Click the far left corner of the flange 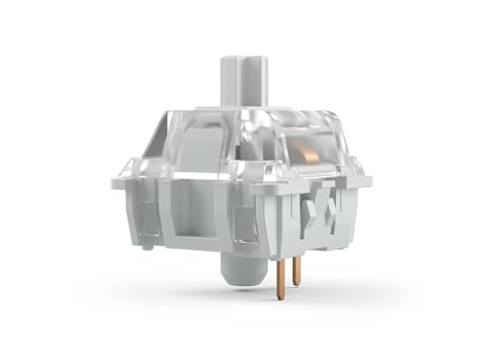point(114,182)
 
